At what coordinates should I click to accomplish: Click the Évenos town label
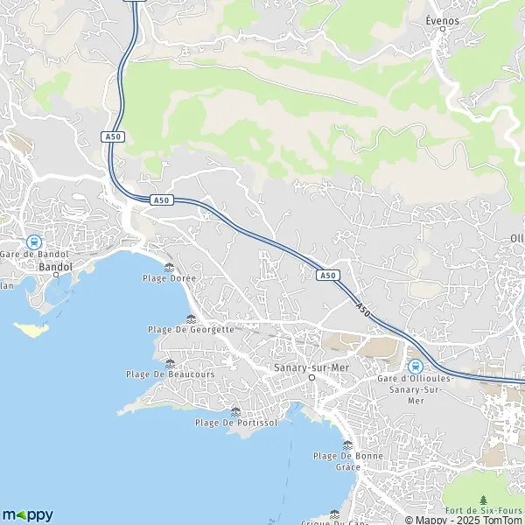pos(442,19)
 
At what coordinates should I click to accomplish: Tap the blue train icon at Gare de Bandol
pos(34,241)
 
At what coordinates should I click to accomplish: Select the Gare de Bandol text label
pos(34,254)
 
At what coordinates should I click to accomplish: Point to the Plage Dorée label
pos(170,278)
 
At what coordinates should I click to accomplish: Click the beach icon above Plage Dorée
pos(169,267)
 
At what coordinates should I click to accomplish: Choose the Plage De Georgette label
pos(192,329)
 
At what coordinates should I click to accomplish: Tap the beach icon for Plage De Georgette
pos(192,318)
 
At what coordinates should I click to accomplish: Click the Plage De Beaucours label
pos(170,374)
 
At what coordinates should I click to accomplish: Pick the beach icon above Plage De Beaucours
pos(170,362)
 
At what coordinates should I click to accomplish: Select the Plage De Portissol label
pos(234,423)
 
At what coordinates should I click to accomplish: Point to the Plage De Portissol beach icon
pos(234,410)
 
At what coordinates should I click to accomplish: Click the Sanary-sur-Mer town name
pos(311,367)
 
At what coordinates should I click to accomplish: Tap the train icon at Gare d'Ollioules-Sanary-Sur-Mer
pos(416,366)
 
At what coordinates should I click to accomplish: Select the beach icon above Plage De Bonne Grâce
pos(347,444)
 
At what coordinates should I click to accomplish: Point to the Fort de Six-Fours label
pos(483,510)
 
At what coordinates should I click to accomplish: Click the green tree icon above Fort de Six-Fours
pos(484,498)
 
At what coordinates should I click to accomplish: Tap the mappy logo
pos(28,514)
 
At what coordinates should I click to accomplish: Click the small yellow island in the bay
pos(32,330)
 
